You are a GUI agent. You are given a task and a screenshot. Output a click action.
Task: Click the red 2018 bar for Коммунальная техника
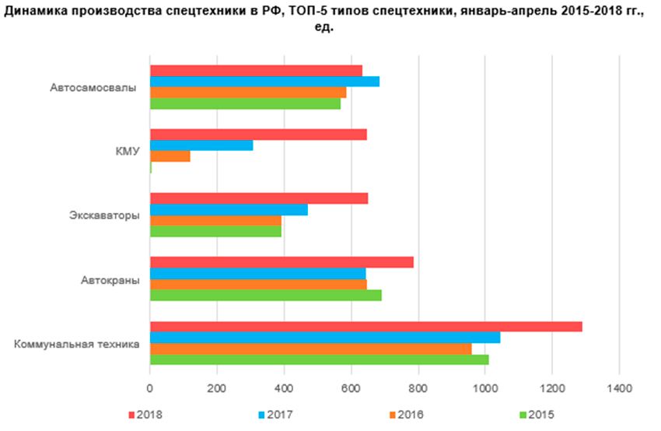click(365, 327)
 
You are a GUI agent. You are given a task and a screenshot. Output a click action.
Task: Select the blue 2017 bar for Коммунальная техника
click(325, 338)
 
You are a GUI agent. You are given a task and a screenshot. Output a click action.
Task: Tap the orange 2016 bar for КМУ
click(170, 156)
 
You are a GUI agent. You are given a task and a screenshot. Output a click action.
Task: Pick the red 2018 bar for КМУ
click(257, 135)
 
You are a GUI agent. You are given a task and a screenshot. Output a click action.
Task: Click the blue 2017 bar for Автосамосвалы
click(264, 82)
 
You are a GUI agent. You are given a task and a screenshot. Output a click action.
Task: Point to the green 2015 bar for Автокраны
click(265, 295)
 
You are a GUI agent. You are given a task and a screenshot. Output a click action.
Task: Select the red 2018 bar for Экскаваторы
click(258, 198)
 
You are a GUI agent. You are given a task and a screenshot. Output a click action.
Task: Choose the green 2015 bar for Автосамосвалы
click(245, 103)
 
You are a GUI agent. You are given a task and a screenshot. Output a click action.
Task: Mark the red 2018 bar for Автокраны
click(282, 262)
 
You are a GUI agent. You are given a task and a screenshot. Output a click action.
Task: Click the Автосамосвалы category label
click(93, 88)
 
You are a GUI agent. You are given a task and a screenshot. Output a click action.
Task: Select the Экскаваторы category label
click(105, 215)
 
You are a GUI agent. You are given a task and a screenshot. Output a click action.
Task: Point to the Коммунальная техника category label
click(77, 343)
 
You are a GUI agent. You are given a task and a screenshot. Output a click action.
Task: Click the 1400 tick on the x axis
click(619, 387)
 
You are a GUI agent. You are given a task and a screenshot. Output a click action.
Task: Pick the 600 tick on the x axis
click(351, 387)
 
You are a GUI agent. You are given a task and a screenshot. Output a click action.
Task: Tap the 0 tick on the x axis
click(150, 387)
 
